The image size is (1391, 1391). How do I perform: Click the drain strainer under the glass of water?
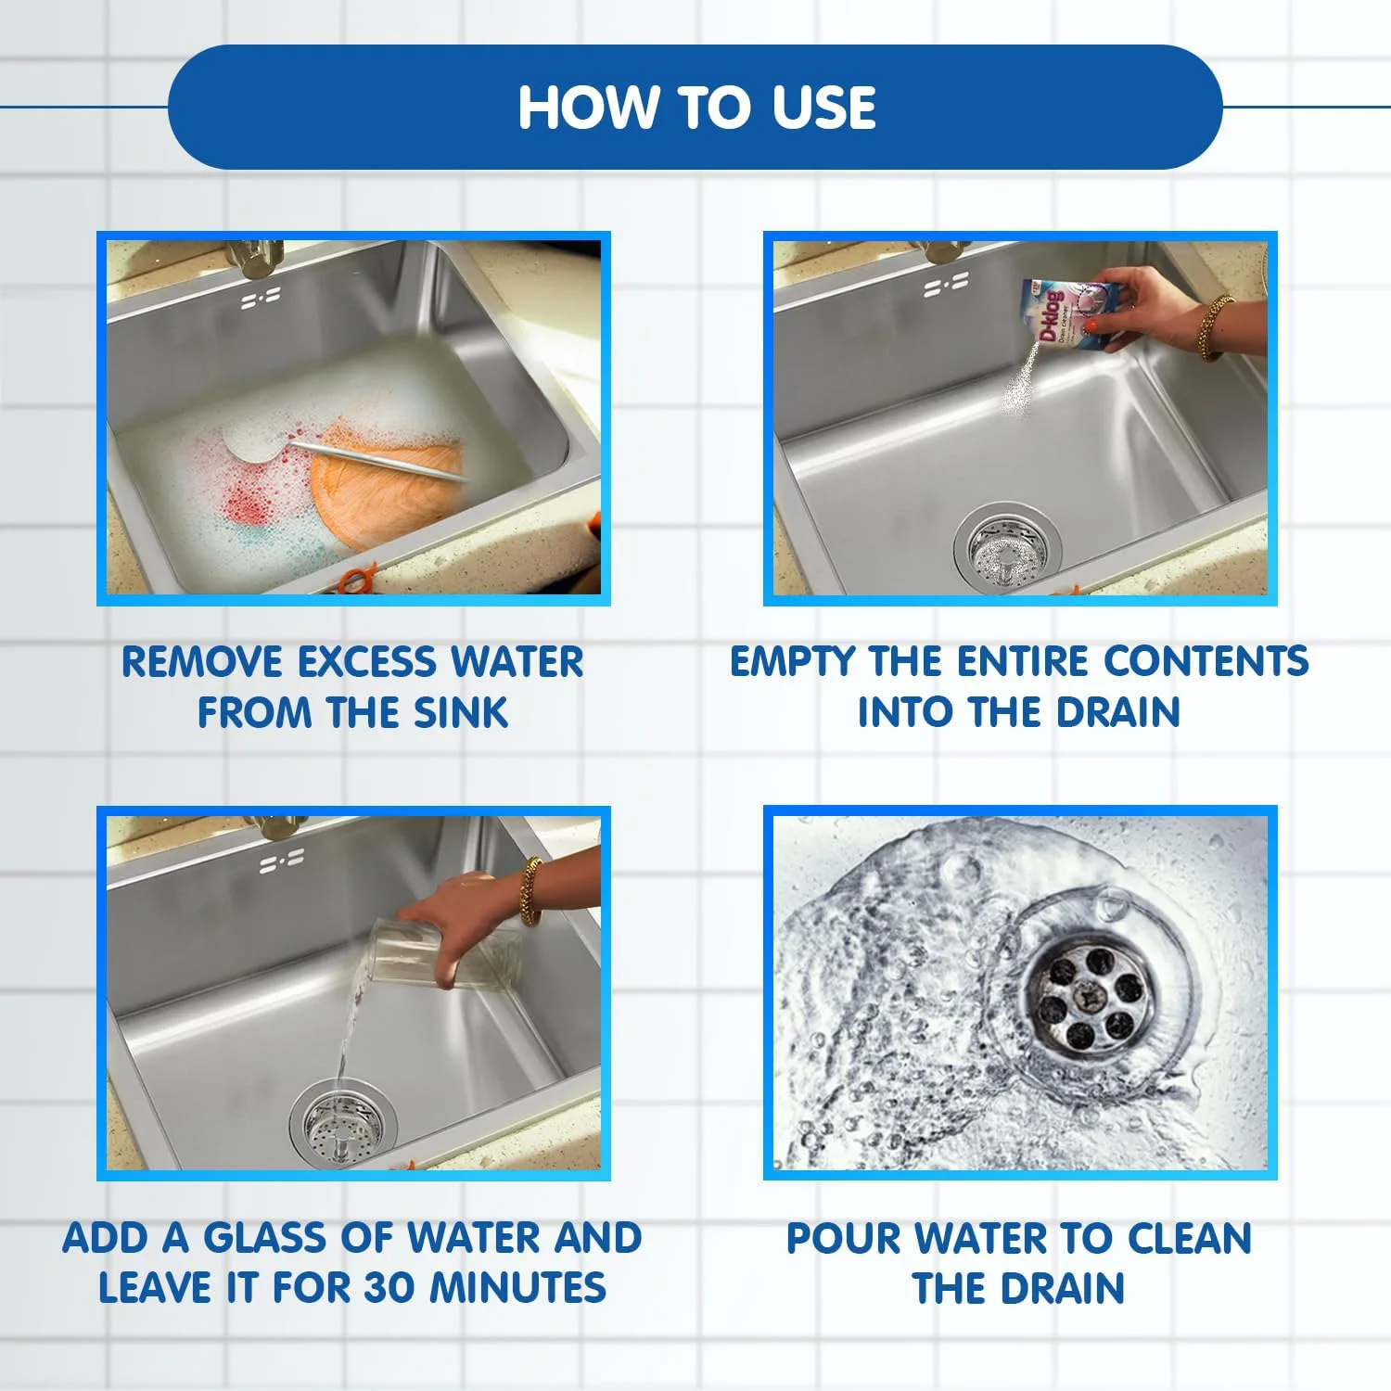pos(341,1125)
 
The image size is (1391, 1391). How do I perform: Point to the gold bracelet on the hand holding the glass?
pos(530,891)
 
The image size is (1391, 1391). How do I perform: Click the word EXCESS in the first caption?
pos(367,662)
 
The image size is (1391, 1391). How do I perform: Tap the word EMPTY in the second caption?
pos(793,662)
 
